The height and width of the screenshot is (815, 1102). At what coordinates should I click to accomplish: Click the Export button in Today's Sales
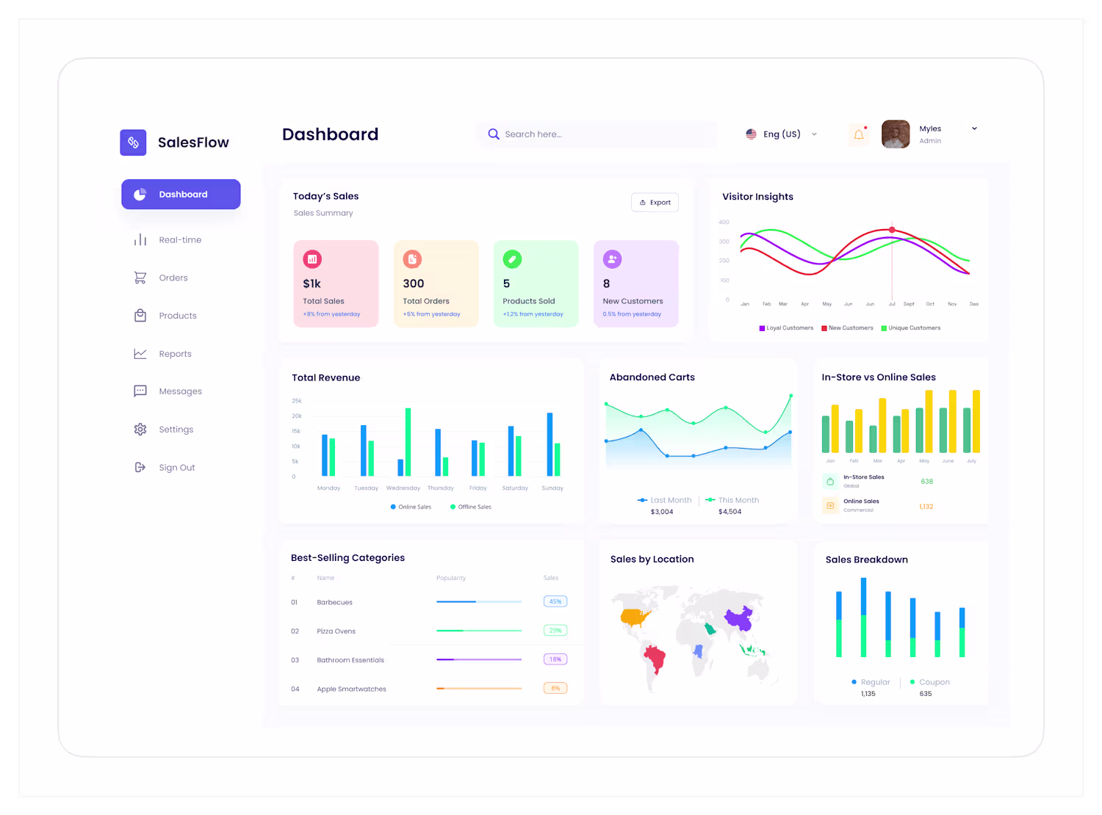(x=655, y=203)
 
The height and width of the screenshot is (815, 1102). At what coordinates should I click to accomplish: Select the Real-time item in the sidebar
(x=179, y=240)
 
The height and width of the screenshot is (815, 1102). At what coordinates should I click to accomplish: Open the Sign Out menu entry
(x=176, y=468)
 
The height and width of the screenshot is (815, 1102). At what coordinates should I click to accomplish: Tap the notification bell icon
(x=858, y=134)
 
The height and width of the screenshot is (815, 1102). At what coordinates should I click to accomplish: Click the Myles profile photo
(x=896, y=134)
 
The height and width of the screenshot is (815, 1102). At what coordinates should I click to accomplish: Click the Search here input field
(x=602, y=134)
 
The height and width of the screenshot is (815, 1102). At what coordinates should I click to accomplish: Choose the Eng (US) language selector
(x=781, y=134)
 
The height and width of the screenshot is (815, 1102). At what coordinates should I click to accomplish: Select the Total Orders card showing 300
(x=436, y=283)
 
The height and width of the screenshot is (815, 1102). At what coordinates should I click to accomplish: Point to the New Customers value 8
(x=607, y=283)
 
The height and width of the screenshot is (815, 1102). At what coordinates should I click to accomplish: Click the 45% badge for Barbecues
(x=555, y=601)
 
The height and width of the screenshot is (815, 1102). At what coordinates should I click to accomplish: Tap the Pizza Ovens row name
(x=336, y=631)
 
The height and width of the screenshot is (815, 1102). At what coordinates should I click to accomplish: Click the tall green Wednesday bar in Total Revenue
(x=408, y=441)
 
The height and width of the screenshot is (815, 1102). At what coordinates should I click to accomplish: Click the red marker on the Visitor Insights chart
(x=892, y=230)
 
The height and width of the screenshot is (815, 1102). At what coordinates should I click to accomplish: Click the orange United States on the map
(x=635, y=617)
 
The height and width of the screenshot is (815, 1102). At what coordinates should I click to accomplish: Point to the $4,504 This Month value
(x=730, y=512)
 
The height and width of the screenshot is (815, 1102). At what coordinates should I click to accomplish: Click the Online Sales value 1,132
(x=926, y=507)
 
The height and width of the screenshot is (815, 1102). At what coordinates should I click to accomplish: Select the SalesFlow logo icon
(x=133, y=142)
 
